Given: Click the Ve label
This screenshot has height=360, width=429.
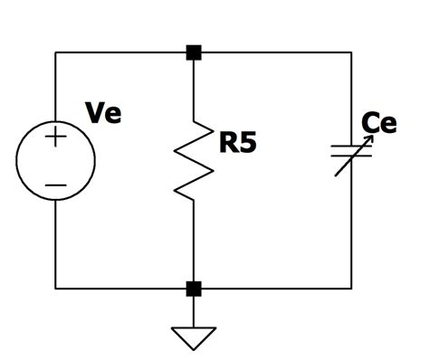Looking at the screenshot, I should click(103, 113).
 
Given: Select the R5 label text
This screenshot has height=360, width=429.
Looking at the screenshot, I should click(238, 142).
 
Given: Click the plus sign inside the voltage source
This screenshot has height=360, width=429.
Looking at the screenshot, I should click(55, 138).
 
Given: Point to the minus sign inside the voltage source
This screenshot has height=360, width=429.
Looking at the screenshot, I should click(55, 185).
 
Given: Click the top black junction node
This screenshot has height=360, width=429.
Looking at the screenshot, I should click(194, 52).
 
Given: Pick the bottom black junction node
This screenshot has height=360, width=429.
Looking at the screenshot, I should click(194, 289).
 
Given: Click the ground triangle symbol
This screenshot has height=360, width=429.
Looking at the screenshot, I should click(194, 337).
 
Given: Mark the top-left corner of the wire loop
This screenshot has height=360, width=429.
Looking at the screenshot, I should click(55, 52).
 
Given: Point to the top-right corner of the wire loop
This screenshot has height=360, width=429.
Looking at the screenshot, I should click(351, 52).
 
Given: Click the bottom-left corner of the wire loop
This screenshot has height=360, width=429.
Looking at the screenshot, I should click(55, 289).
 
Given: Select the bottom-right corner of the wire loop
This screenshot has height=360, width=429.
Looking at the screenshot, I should click(351, 289).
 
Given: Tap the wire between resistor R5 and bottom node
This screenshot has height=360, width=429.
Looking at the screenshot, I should click(194, 244).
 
